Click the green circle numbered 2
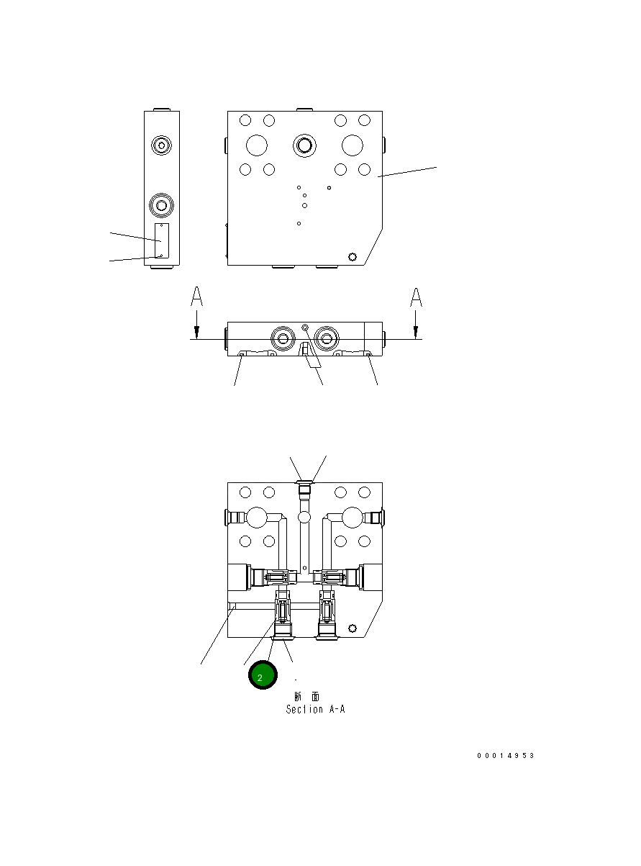pos(263,677)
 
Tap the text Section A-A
pos(315,709)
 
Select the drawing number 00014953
pos(506,756)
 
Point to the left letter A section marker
pos(196,297)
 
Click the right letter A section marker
pos(415,297)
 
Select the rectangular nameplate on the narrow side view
pos(162,240)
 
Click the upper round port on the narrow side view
pos(162,146)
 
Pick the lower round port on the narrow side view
pos(162,206)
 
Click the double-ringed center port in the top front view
pos(305,145)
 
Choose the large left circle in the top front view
pos(257,145)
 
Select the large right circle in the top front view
pos(353,145)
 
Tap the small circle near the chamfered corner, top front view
pos(352,256)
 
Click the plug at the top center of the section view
pos(305,490)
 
